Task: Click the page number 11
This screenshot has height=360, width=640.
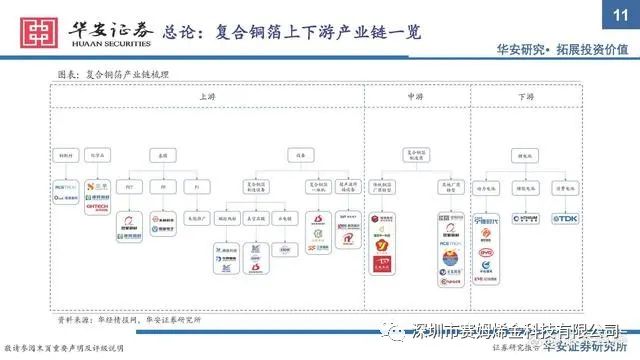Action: point(618,12)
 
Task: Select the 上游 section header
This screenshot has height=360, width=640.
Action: point(207,97)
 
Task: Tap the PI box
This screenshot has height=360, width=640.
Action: point(197,186)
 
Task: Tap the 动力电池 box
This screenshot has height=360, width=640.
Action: point(488,186)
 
